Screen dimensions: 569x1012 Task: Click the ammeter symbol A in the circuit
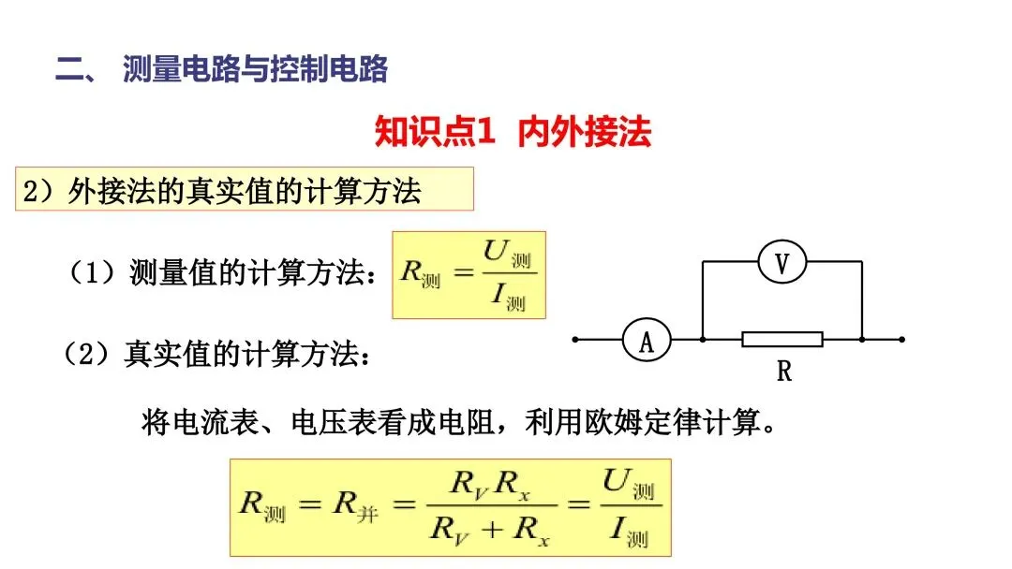647,340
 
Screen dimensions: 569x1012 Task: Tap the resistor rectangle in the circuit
782,339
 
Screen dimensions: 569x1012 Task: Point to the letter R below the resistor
784,372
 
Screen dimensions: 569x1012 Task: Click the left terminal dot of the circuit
575,340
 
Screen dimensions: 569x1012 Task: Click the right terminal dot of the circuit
901,340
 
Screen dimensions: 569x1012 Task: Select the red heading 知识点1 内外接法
513,132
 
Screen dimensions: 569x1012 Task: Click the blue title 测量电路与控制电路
255,69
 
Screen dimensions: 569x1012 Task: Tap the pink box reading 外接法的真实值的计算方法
245,190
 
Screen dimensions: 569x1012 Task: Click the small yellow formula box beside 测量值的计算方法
469,274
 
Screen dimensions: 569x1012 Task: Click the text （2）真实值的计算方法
217,356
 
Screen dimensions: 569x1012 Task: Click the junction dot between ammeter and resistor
703,340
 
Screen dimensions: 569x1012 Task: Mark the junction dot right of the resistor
862,340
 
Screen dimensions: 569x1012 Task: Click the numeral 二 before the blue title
70,70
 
